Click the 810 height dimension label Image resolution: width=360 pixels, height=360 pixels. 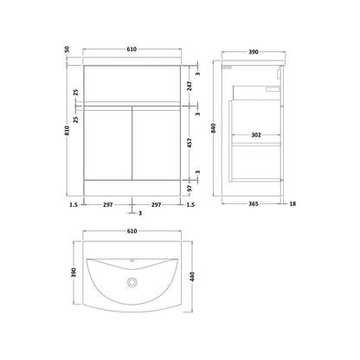tap(67, 131)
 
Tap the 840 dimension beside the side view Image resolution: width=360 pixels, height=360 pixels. tap(214, 128)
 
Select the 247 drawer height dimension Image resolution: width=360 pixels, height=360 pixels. tap(190, 87)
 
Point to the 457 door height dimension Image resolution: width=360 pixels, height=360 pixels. tap(190, 144)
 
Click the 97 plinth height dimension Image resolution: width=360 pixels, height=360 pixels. tap(190, 189)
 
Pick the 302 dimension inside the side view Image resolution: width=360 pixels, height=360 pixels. tap(256, 135)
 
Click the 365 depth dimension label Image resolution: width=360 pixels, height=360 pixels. tap(254, 204)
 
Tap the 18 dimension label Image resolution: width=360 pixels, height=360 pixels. tap(292, 204)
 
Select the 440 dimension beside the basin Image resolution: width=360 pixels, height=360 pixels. tap(193, 277)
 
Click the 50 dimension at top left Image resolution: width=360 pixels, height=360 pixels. tap(67, 49)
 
